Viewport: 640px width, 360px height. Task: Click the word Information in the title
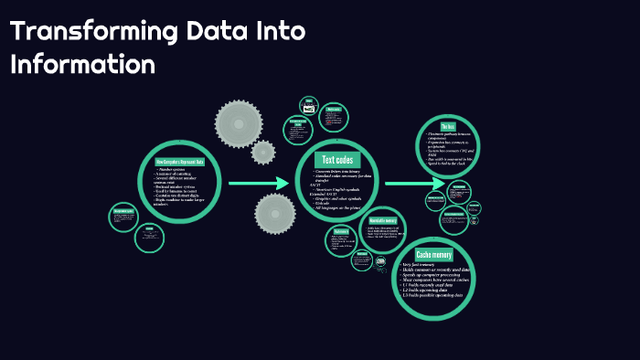click(83, 64)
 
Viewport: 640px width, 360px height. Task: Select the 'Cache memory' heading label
click(434, 253)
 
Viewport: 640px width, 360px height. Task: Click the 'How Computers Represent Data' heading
click(180, 162)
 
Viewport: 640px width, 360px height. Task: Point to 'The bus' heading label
click(448, 126)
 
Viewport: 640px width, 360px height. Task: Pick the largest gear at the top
click(239, 119)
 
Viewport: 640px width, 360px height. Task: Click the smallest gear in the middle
click(263, 152)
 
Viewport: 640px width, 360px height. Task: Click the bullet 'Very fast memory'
click(421, 265)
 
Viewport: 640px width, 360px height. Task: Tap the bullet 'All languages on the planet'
click(339, 208)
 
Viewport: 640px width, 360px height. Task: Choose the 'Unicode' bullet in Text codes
click(323, 204)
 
